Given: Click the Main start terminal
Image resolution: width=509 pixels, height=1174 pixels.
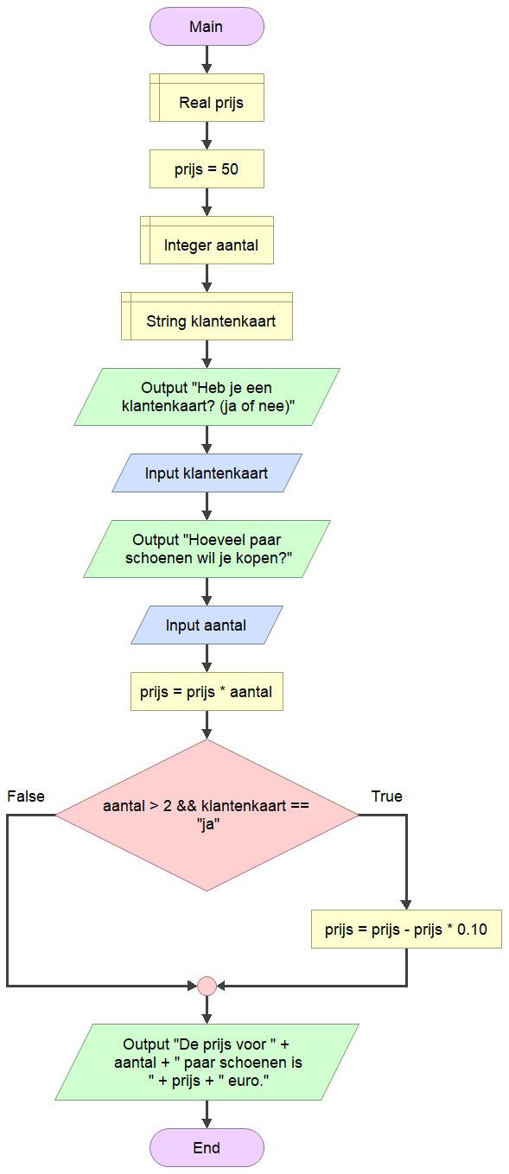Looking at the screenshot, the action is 207,26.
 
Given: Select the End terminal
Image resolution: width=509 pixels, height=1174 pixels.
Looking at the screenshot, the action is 207,1148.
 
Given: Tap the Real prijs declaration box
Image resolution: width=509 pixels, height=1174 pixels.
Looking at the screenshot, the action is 207,98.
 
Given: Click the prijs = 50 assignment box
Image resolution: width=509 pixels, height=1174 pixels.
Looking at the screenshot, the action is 207,168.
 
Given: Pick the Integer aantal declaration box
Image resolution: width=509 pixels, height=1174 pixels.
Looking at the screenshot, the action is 207,240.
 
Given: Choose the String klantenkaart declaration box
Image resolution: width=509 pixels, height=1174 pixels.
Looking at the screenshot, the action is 207,316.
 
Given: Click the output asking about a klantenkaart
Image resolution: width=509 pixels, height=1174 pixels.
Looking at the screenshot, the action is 207,397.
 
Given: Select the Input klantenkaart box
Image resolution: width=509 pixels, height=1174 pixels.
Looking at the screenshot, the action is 207,473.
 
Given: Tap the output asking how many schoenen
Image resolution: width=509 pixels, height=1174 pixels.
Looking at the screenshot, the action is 207,549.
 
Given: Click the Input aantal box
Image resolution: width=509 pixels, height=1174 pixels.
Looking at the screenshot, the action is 207,625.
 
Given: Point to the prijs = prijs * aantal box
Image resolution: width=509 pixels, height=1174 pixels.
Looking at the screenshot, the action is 207,691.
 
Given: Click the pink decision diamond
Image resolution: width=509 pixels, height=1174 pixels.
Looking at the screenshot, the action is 207,815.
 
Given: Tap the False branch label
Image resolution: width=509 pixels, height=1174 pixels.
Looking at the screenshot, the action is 26,796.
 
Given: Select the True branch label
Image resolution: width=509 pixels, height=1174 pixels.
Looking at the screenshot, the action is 387,796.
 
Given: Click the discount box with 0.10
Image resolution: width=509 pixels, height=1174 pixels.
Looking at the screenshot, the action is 406,930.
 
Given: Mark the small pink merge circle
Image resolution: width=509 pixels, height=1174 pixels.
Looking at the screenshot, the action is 207,986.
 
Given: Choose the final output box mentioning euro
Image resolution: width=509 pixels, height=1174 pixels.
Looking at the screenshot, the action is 207,1062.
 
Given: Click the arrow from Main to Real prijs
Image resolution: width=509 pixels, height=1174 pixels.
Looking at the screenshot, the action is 207,60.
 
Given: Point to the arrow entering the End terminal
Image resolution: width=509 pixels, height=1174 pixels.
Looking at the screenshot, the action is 207,1114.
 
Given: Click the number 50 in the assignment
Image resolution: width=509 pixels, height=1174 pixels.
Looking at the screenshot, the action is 230,168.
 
